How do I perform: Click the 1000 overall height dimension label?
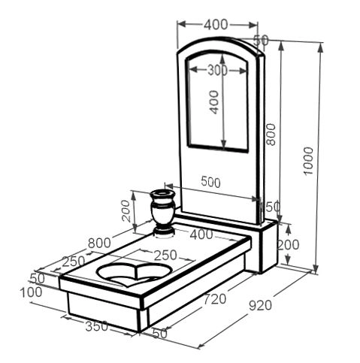pos(308,161)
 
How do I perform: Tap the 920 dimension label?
pos(261,305)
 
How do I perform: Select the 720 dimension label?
pos(215,299)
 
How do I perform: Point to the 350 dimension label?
pos(97,326)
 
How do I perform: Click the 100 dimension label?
pos(32,292)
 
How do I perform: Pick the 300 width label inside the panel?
pos(218,71)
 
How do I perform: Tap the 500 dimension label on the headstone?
pos(210,182)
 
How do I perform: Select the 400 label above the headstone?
pos(216,25)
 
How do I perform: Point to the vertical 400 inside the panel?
pos(213,102)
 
